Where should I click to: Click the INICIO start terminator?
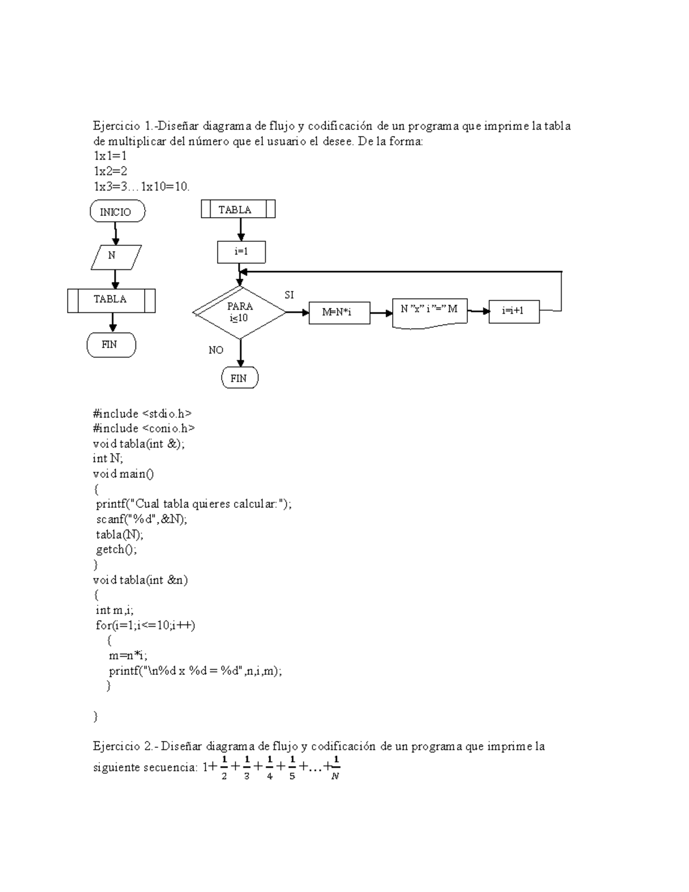(118, 212)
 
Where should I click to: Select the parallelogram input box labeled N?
(116, 256)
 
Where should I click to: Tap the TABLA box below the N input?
(111, 300)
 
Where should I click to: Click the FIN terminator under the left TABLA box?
(111, 345)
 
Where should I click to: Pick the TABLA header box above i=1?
(238, 210)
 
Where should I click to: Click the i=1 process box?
(241, 252)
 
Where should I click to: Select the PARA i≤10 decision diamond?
(240, 312)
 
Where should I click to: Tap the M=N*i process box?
(339, 313)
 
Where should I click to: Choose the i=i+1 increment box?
(514, 311)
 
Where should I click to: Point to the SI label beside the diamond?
(289, 295)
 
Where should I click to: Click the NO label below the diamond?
(216, 350)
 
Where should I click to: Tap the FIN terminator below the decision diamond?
(240, 378)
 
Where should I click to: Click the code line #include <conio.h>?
(144, 428)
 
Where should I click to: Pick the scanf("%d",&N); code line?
(142, 519)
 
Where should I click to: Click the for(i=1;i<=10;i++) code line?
(145, 625)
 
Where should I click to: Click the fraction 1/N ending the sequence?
(336, 768)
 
